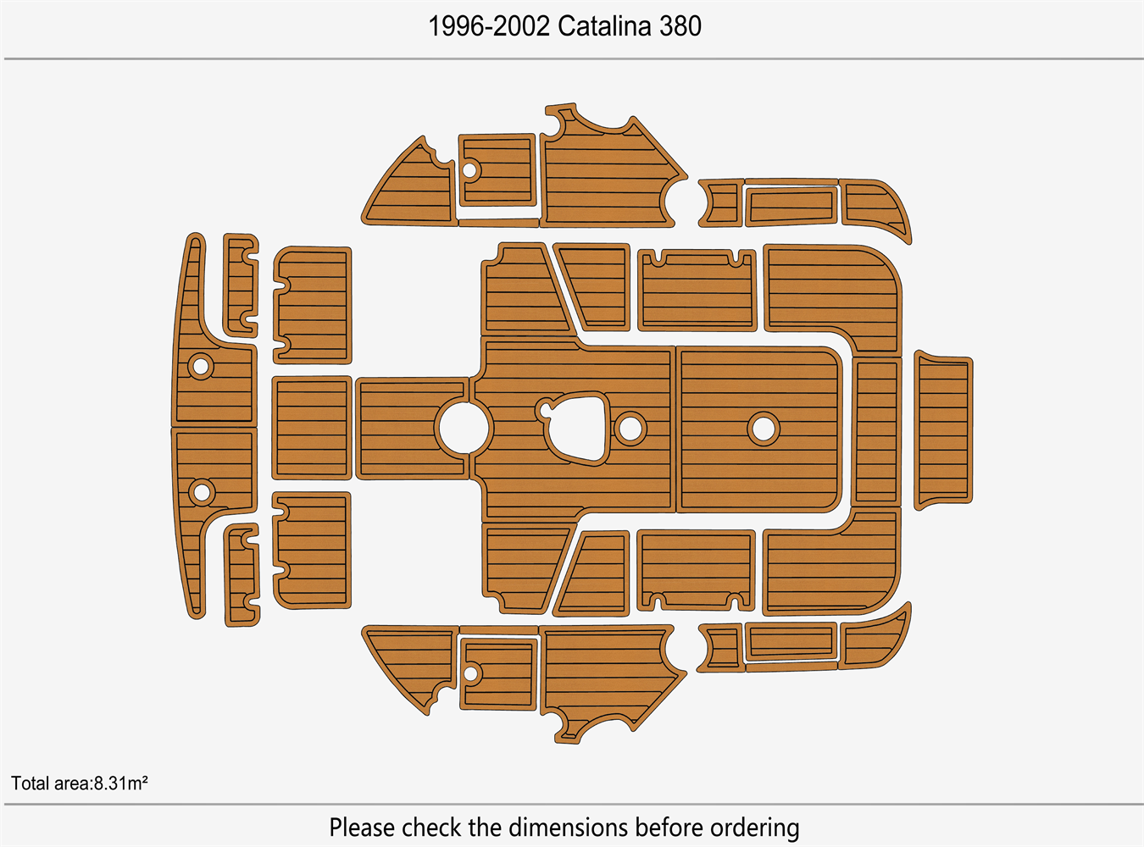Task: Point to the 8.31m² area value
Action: [120, 783]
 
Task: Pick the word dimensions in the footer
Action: [569, 828]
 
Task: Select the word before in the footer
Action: [669, 828]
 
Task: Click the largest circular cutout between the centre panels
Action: [464, 428]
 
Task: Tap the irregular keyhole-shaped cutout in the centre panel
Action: [573, 428]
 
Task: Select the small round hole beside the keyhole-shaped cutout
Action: [630, 429]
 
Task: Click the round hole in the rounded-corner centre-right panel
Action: [764, 429]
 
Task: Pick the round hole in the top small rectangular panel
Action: [469, 170]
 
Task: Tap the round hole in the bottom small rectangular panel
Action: [470, 673]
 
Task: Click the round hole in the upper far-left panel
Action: [201, 367]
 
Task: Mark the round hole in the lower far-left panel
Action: [202, 492]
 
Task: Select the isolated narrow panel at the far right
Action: [943, 430]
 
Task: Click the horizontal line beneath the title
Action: [574, 58]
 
